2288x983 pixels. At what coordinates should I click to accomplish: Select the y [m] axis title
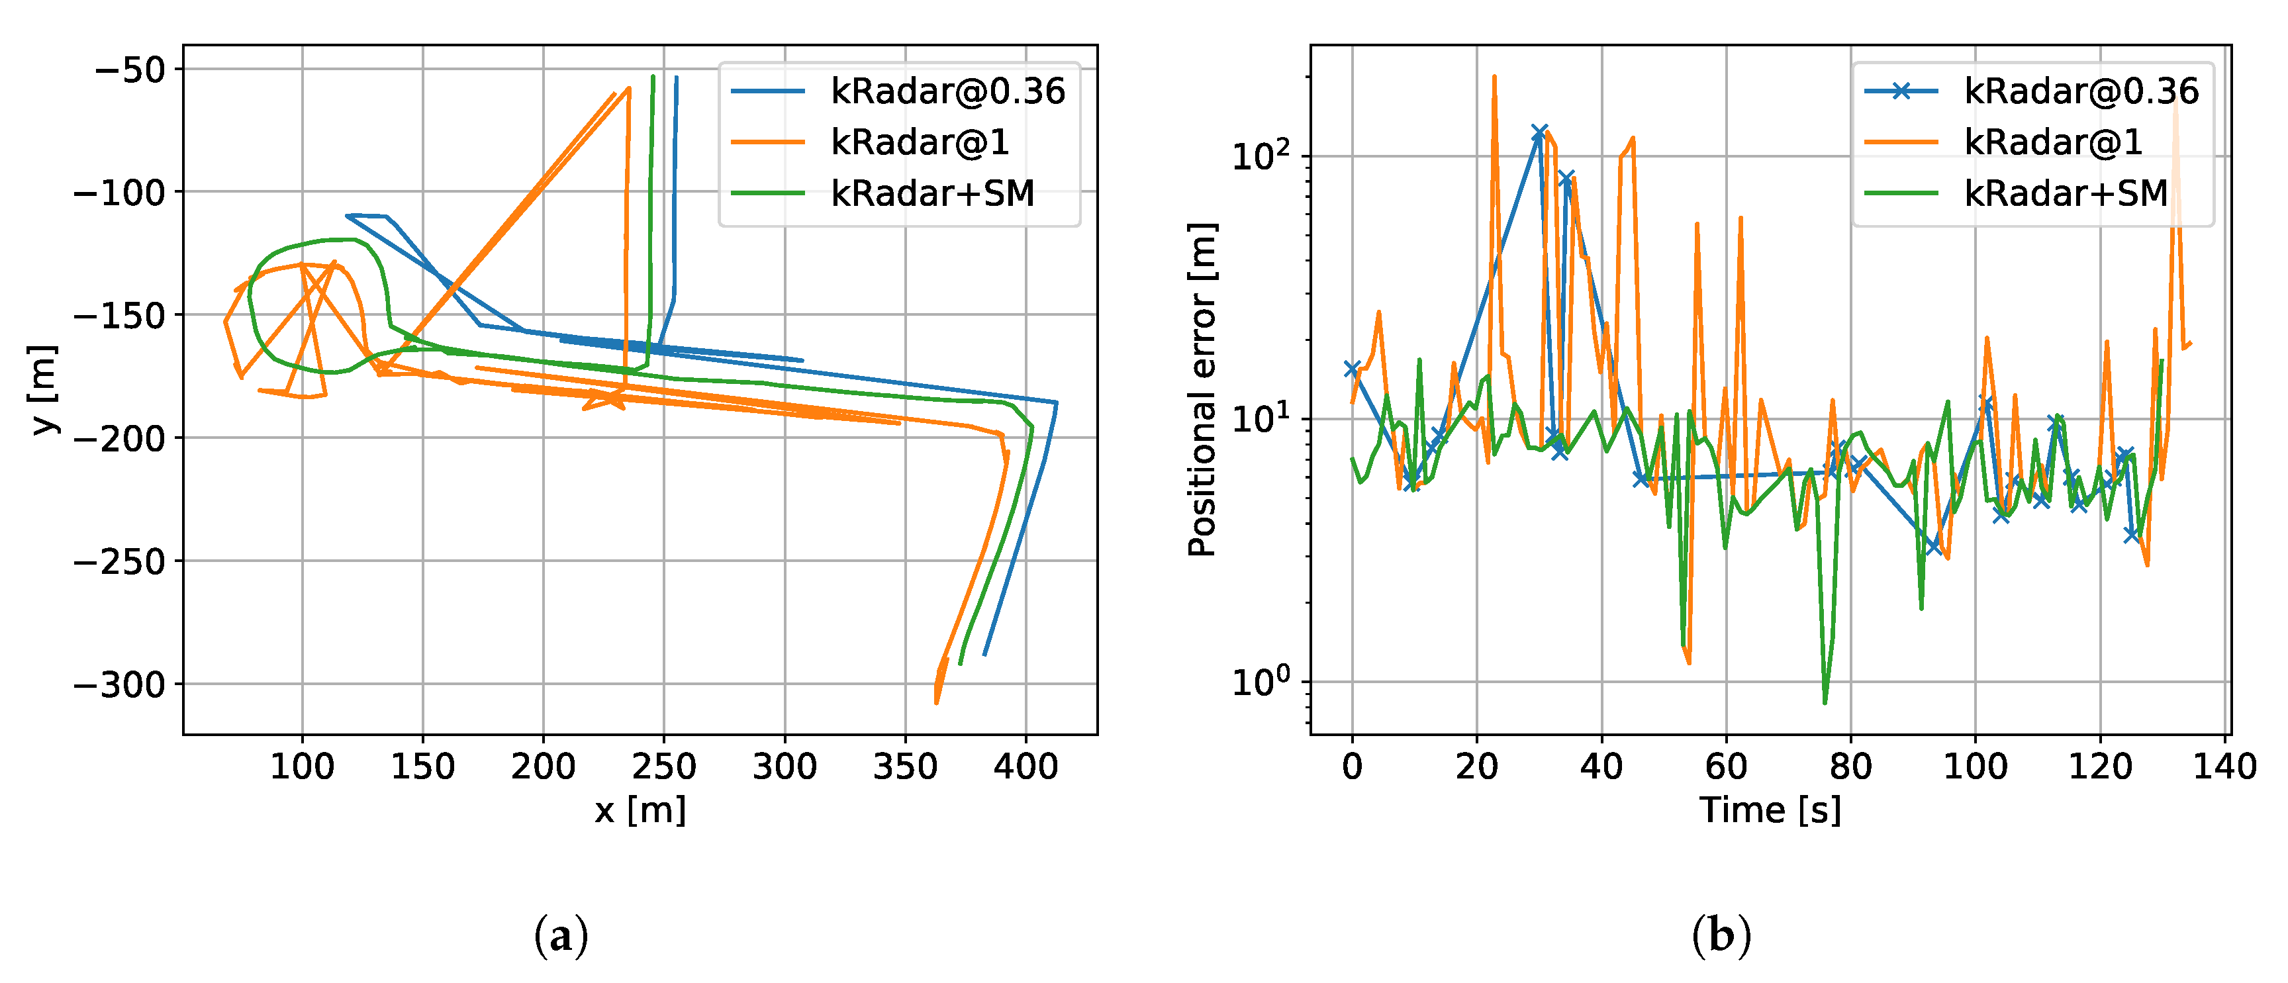click(44, 390)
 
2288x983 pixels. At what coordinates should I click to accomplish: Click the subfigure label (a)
click(561, 936)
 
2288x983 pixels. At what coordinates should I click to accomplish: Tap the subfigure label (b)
click(1721, 936)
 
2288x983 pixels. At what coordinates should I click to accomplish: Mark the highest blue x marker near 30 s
click(1540, 132)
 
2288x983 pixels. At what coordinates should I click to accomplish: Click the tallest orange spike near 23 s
click(1494, 78)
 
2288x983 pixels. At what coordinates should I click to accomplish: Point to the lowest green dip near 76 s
click(1825, 702)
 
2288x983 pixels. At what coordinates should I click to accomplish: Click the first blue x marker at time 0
click(1352, 369)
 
